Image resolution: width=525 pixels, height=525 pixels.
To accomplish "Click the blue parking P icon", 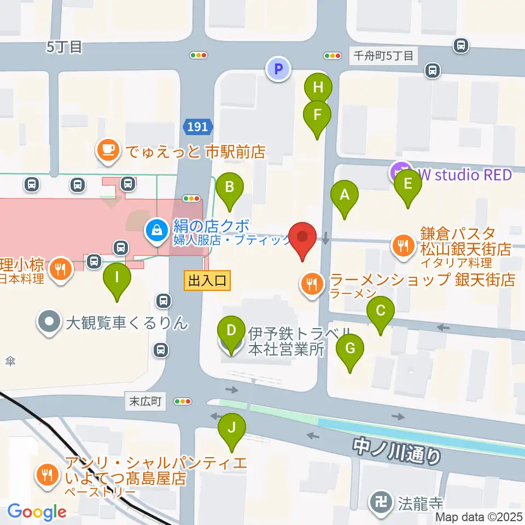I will (x=278, y=69).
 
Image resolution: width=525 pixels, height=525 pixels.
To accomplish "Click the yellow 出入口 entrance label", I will (x=207, y=281).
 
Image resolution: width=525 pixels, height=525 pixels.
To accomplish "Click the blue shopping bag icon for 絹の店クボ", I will (x=157, y=230).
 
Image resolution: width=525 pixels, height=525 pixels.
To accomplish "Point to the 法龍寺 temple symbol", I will (x=380, y=500).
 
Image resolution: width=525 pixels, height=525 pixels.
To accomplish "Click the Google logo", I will (x=37, y=511).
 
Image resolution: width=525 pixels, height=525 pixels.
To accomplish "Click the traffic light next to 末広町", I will (x=183, y=401).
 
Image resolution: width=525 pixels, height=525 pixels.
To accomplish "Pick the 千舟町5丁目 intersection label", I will (x=383, y=55).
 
